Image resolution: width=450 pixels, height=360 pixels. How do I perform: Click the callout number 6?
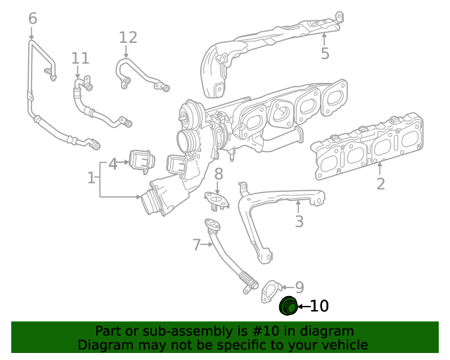click(x=32, y=18)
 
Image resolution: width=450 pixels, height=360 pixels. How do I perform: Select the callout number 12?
click(x=128, y=37)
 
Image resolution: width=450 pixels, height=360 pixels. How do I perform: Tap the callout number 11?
click(x=80, y=58)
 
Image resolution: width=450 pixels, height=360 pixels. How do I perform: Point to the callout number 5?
click(x=325, y=53)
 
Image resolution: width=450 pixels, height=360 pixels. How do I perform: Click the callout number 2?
click(x=380, y=184)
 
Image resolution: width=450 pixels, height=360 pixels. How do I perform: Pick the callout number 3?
click(x=299, y=222)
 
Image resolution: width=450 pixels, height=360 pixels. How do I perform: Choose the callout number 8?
click(x=219, y=174)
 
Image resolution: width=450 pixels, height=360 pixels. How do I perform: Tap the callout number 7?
click(x=197, y=245)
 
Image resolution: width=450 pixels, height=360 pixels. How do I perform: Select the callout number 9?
click(x=299, y=287)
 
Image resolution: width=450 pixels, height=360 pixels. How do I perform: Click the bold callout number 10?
click(x=319, y=306)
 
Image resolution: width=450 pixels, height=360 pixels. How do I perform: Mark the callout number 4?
click(x=112, y=165)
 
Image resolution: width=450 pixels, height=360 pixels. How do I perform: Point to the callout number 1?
click(x=91, y=178)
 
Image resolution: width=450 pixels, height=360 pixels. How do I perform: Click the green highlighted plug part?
click(x=288, y=306)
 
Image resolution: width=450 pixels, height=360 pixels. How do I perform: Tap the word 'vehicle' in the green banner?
click(x=342, y=345)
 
